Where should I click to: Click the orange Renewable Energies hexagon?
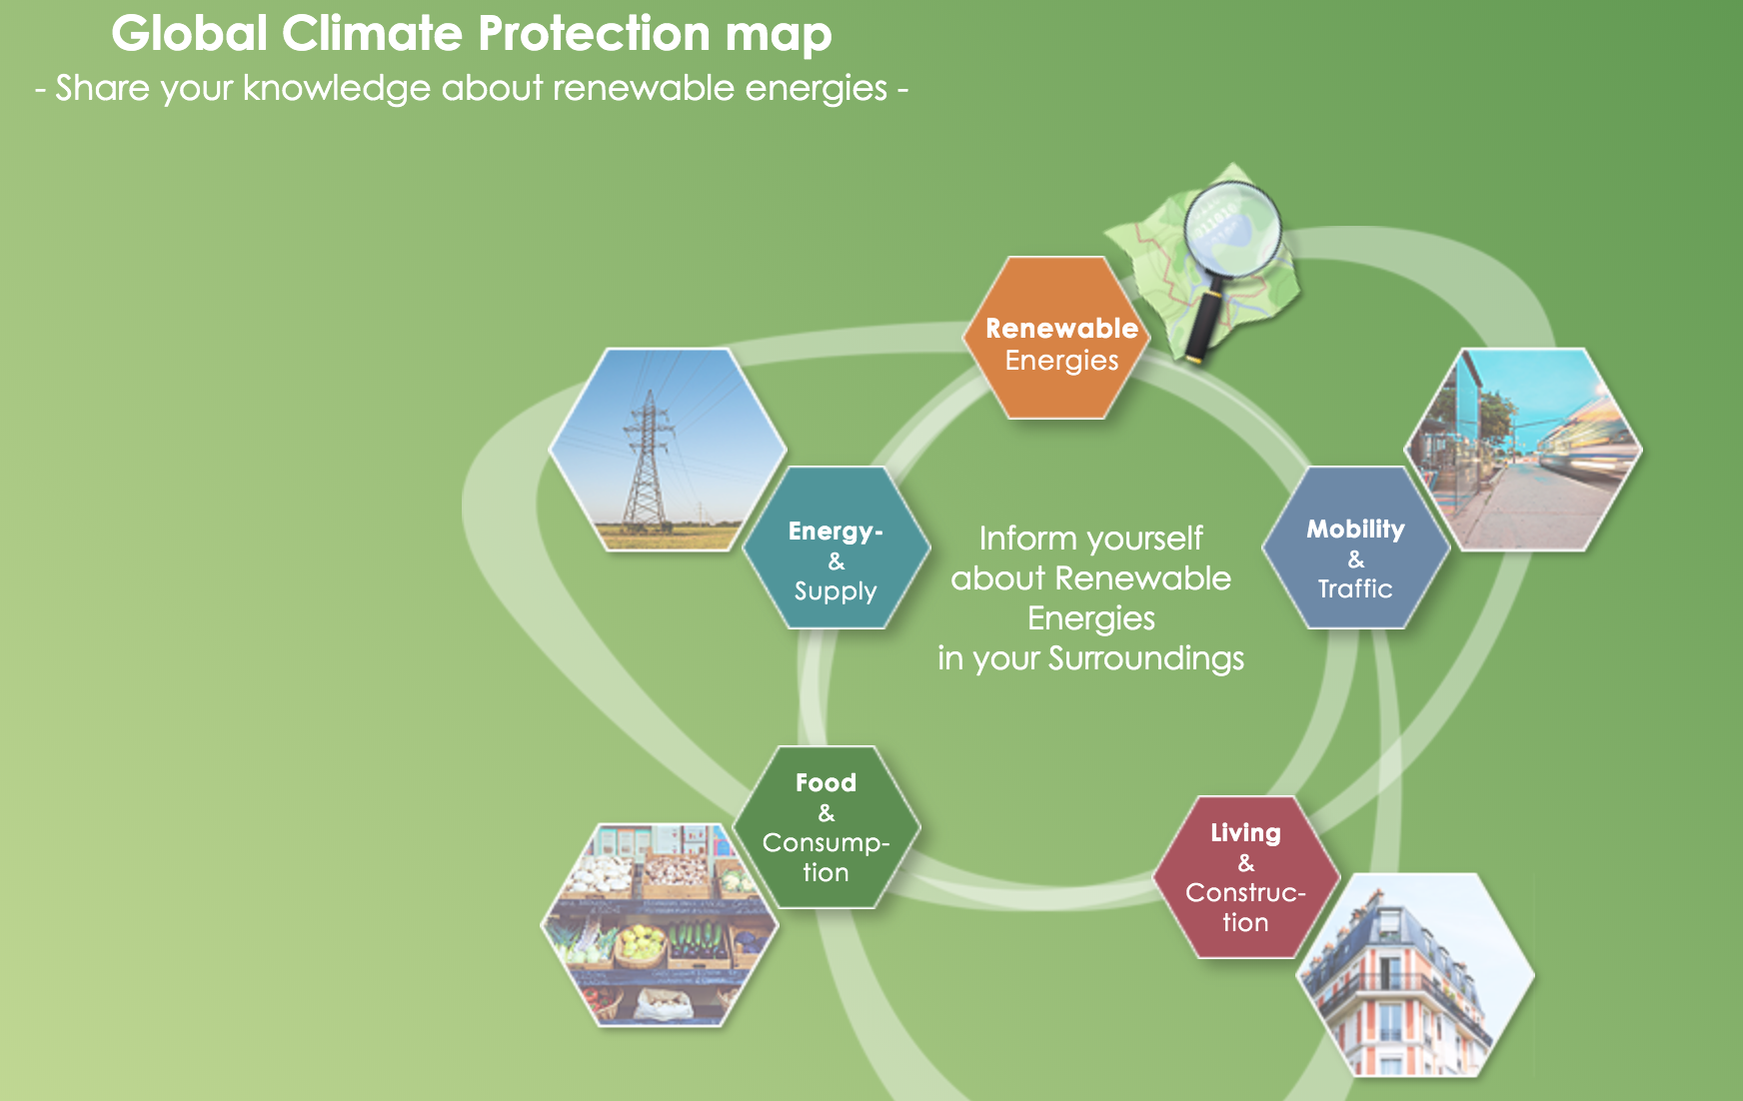(x=1057, y=340)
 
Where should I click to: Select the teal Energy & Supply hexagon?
(x=836, y=549)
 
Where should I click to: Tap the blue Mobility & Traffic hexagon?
(x=1355, y=549)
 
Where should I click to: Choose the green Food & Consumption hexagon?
(x=826, y=827)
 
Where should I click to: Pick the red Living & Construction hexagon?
(x=1245, y=877)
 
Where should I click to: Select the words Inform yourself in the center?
(x=1090, y=539)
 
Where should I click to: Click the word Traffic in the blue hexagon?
(x=1355, y=588)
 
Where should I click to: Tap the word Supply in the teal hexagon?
(x=836, y=591)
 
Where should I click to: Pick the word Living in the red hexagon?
(x=1245, y=832)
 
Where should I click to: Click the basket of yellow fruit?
(x=640, y=944)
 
